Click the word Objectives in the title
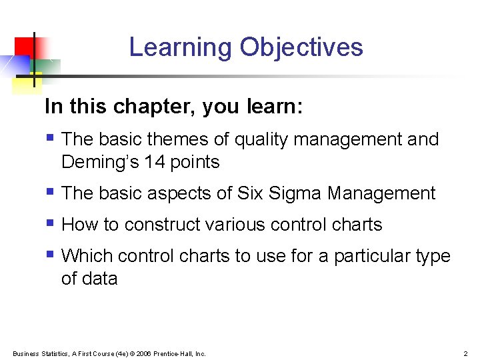pos(301,48)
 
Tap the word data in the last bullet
pos(100,279)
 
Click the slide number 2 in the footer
pos(465,353)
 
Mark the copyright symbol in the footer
pos(133,353)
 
